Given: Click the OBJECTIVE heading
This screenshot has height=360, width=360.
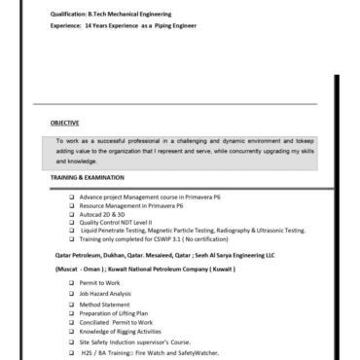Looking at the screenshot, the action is click(67, 124).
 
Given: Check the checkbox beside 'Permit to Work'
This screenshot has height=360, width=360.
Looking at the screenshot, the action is click(72, 282).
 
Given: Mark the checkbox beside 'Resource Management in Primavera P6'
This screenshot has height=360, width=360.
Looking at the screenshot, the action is click(72, 207).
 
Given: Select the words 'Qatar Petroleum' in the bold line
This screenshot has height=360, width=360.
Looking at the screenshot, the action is click(75, 251).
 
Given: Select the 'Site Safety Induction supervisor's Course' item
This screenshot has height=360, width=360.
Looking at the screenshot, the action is click(141, 342).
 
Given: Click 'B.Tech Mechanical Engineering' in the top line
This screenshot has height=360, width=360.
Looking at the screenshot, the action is click(131, 16).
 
